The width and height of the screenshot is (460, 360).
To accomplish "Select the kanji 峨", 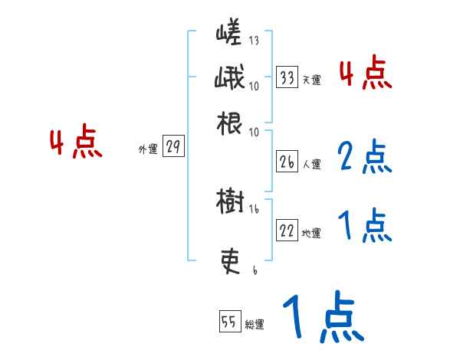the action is pos(228,80).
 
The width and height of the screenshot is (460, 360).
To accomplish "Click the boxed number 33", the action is pos(287,77).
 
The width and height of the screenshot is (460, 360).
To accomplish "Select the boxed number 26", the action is pos(287,162).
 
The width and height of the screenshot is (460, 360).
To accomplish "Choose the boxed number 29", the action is pos(173,148).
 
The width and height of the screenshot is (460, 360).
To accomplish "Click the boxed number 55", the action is pos(229,322).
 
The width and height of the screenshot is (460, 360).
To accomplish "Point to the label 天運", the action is pos(311,79).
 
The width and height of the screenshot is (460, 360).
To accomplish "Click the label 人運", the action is pos(311,163).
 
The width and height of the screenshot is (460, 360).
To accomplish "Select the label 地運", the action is pos(311,233).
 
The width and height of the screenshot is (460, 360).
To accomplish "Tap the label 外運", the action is pos(147,149).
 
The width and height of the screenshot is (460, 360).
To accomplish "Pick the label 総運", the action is pos(255,324).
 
